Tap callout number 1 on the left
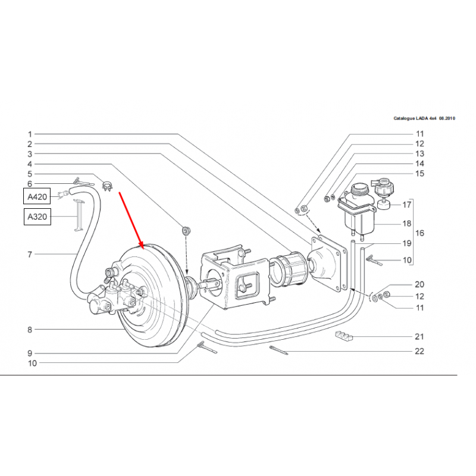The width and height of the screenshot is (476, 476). (29, 134)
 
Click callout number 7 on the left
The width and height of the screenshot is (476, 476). (29, 255)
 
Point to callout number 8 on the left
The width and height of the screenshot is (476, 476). (29, 329)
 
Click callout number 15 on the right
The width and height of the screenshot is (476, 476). (419, 174)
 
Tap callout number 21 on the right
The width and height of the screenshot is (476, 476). (419, 336)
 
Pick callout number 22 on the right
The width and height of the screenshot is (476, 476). (419, 351)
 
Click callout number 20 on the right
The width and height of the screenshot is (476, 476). (419, 284)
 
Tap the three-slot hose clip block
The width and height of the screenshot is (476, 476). (344, 336)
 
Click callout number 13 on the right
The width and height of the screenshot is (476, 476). (419, 153)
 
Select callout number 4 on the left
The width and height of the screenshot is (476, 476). (29, 164)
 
